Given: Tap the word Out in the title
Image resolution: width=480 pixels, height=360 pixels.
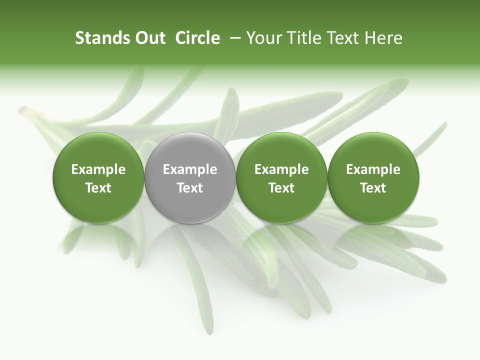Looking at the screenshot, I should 149,38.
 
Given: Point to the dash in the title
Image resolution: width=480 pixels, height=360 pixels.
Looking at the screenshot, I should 233,38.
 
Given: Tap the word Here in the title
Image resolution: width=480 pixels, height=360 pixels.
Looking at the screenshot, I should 383,38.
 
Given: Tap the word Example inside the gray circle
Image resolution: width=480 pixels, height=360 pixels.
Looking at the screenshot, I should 190,169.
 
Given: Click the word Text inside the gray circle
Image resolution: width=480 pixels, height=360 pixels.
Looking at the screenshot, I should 190,188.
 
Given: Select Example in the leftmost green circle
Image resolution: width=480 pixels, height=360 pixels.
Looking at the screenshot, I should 98,169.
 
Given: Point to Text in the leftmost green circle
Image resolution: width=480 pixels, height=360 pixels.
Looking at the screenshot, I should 98,188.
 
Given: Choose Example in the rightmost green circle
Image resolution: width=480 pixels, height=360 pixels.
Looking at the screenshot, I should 373,169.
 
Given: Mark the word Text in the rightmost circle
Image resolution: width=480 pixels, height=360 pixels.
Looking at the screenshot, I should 373,188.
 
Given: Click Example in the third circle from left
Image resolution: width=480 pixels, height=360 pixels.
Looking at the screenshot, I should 281,169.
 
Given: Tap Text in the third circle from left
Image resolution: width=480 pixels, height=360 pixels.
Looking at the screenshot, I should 281,188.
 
